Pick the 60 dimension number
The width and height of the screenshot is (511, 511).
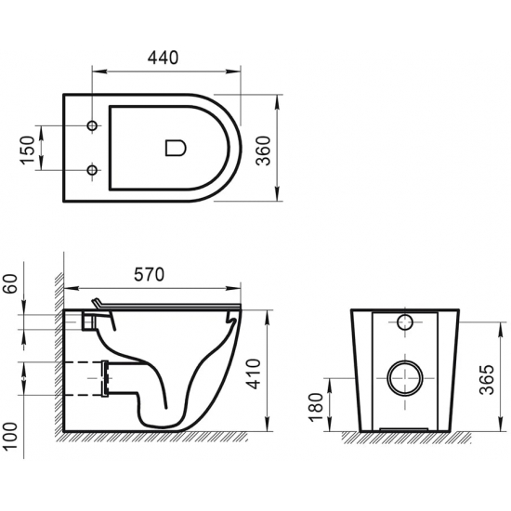10,282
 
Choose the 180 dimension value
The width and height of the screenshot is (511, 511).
316,404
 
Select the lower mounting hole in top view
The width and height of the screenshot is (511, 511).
91,169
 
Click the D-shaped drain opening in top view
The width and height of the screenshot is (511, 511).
174,147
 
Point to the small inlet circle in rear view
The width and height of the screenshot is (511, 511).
404,322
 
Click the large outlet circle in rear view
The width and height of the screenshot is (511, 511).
404,376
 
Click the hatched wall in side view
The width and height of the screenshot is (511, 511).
58,353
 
